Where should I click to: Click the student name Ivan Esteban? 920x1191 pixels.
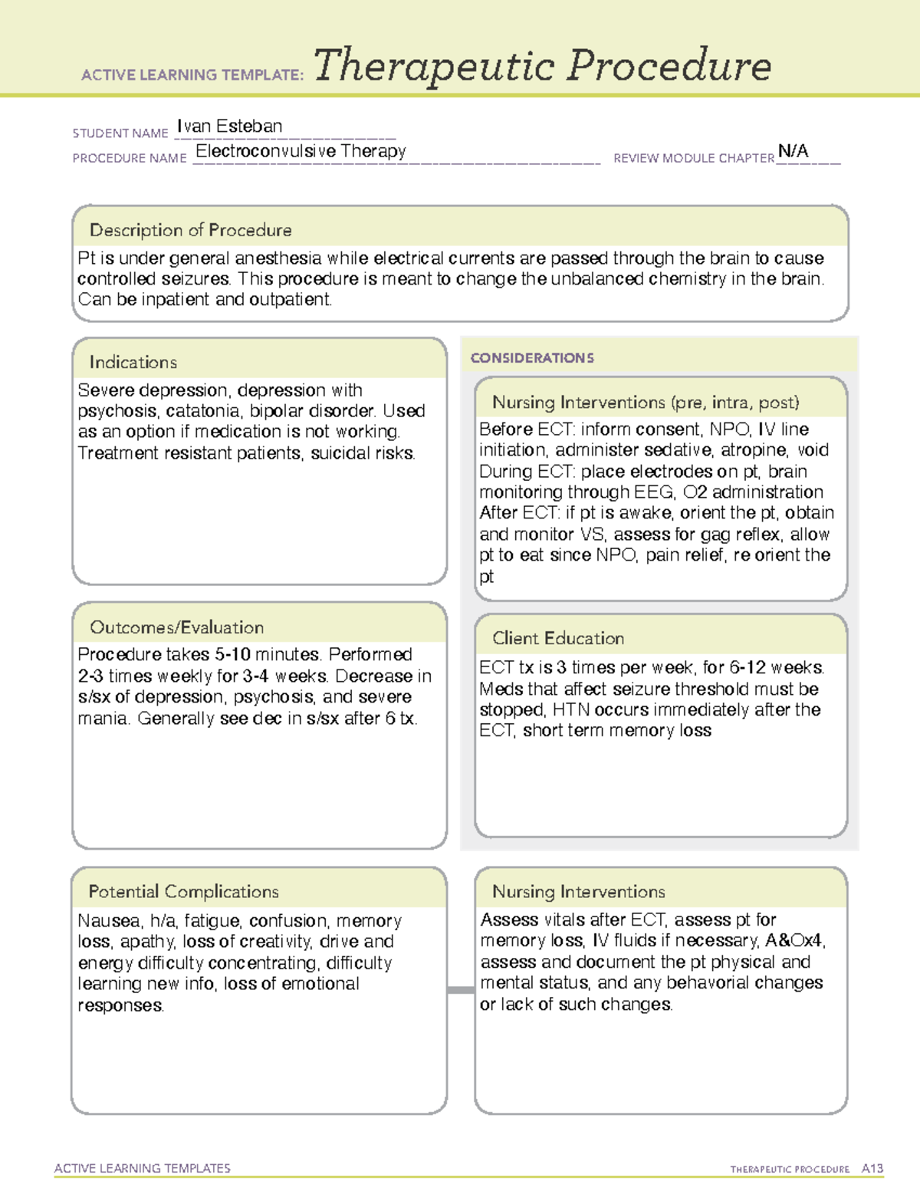tap(229, 127)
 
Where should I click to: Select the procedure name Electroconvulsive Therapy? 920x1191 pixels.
tap(301, 151)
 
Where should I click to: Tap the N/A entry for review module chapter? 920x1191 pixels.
tap(793, 151)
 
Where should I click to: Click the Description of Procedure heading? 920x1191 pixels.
tap(190, 230)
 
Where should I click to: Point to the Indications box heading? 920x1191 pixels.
tap(133, 362)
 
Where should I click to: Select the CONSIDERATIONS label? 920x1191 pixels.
tap(532, 358)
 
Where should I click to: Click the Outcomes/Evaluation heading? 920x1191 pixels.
tap(176, 627)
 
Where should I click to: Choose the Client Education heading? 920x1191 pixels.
tap(557, 638)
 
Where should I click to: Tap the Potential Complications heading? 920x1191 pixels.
tap(183, 892)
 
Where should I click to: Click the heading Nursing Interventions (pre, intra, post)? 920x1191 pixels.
tap(646, 403)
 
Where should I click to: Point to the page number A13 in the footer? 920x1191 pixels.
tap(872, 1169)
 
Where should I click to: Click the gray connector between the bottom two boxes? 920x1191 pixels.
tap(460, 990)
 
